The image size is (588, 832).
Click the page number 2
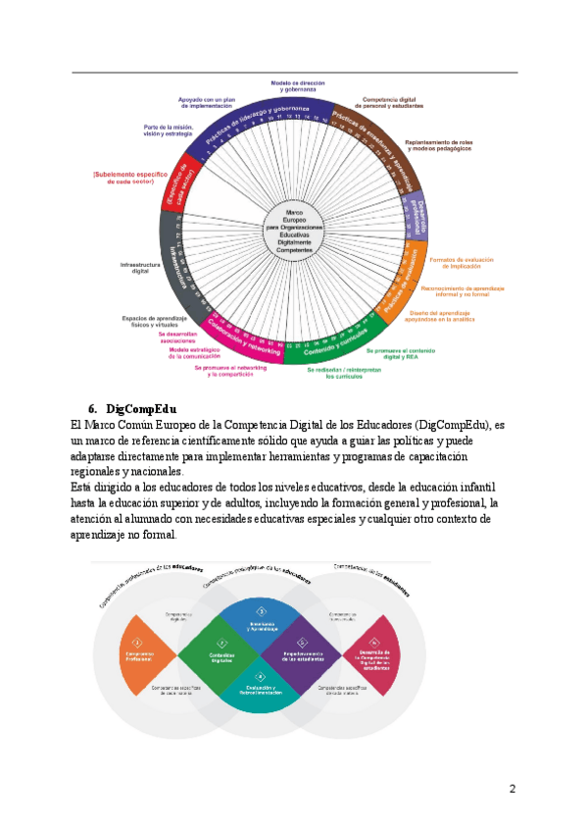coord(512,789)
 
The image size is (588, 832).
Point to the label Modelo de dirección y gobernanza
coord(298,86)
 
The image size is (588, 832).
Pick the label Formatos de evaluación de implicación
coord(461,263)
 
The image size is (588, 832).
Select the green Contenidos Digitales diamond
coord(221,654)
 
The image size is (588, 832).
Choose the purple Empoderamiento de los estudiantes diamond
coord(303,654)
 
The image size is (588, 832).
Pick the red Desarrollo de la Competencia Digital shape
coord(376,654)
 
